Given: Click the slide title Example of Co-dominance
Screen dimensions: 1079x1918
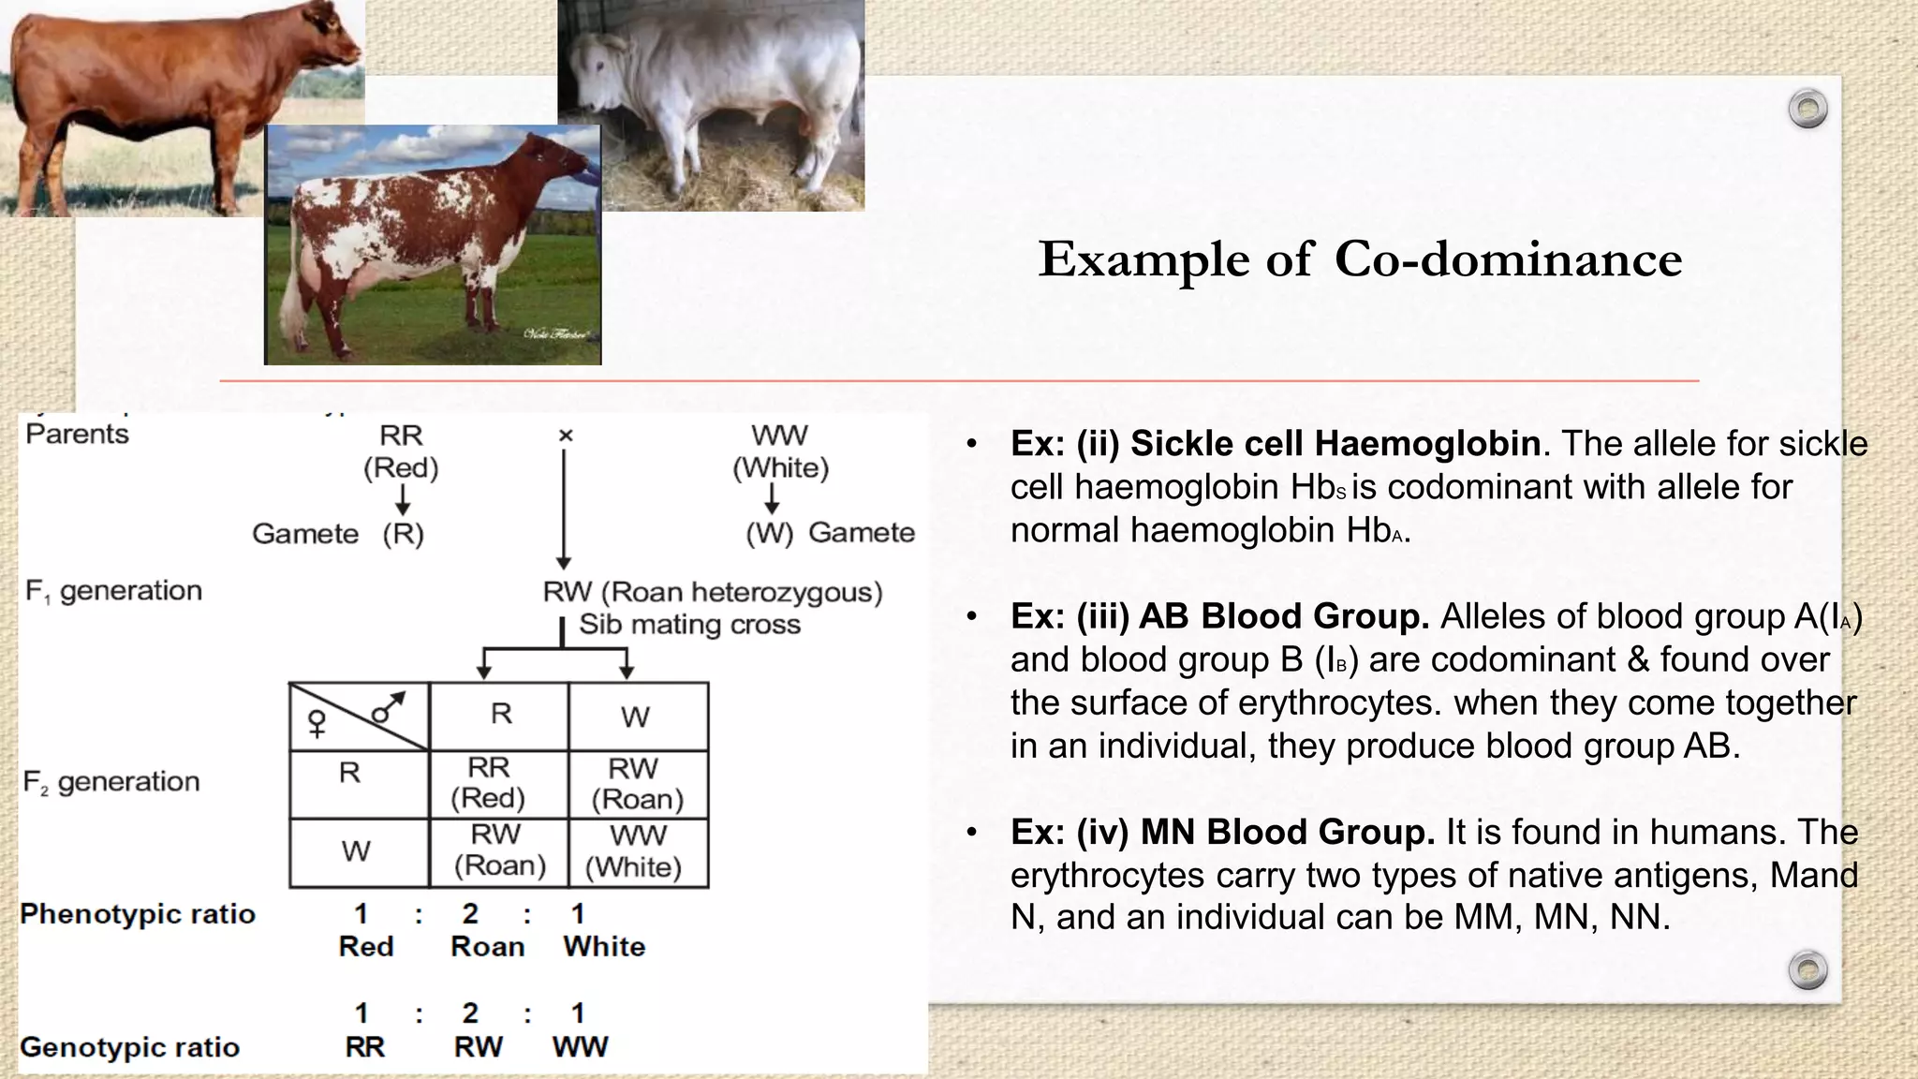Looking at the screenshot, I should pyautogui.click(x=1360, y=259).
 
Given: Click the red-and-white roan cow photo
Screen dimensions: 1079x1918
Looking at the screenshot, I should pyautogui.click(x=433, y=245).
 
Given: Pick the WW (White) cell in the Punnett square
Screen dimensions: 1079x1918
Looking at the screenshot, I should pyautogui.click(x=637, y=851).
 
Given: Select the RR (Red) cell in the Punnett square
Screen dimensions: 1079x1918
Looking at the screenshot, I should pyautogui.click(x=488, y=783).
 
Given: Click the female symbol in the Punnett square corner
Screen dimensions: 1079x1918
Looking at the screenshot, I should pyautogui.click(x=317, y=724).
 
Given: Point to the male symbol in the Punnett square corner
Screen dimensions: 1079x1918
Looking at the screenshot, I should pyautogui.click(x=388, y=707).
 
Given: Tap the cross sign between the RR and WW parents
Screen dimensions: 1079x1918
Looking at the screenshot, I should pyautogui.click(x=565, y=436).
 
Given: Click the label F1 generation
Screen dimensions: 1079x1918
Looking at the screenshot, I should pyautogui.click(x=113, y=591).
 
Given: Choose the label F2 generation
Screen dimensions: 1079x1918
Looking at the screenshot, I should pyautogui.click(x=111, y=782).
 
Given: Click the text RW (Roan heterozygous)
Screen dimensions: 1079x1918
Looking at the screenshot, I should pyautogui.click(x=712, y=592).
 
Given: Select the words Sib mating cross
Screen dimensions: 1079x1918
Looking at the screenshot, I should pyautogui.click(x=689, y=625).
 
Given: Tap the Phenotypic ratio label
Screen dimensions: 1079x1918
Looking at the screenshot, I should pyautogui.click(x=138, y=914).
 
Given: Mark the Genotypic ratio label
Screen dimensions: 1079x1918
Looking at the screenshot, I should pyautogui.click(x=130, y=1047).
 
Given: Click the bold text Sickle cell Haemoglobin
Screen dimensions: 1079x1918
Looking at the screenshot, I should pyautogui.click(x=1335, y=444).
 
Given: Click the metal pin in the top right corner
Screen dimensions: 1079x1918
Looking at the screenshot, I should pyautogui.click(x=1807, y=109).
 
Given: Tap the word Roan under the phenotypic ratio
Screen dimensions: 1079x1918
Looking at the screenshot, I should pyautogui.click(x=487, y=947).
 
